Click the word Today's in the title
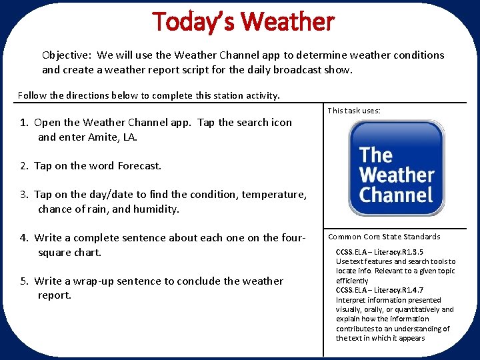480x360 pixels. [194, 21]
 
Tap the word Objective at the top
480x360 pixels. [67, 55]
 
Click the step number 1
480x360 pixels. [23, 123]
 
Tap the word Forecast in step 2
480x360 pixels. [139, 166]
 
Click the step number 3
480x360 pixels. [23, 195]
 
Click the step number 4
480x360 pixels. [23, 238]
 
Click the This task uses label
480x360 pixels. [354, 111]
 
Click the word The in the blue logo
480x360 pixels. [376, 155]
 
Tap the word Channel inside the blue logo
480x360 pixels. [396, 195]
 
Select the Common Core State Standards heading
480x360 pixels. [384, 237]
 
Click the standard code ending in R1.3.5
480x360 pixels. [379, 252]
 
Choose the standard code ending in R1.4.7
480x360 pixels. [379, 291]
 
